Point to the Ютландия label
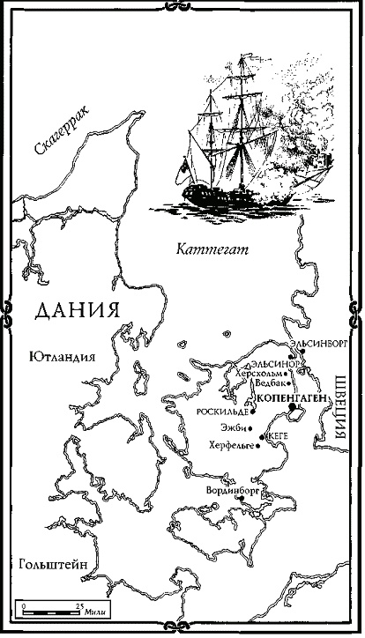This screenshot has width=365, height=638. click(62, 356)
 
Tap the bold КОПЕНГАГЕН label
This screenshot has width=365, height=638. click(290, 399)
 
